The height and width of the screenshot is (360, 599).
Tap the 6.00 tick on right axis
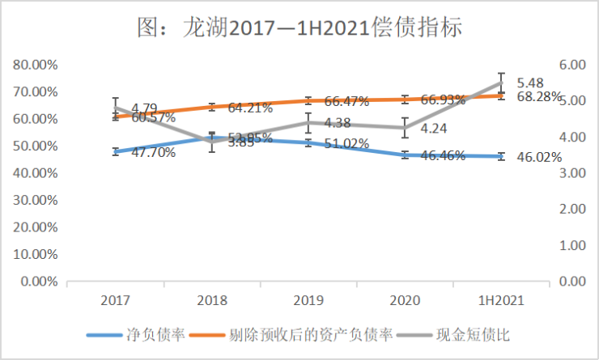point(571,65)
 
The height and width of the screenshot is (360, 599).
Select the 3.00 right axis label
point(571,173)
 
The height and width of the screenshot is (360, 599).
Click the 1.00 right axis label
point(571,245)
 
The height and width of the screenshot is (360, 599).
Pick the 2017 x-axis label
point(116,300)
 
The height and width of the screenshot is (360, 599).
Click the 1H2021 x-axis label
point(501,300)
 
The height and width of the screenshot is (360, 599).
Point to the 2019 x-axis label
point(308,300)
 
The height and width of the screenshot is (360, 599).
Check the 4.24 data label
point(434,128)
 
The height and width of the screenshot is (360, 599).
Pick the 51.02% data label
point(346,144)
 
